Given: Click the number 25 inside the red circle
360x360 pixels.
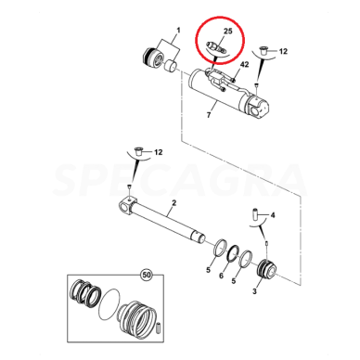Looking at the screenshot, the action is [227, 32].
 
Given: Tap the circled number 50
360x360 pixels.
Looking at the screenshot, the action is [147, 275].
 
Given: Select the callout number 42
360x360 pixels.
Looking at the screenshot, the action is [244, 65].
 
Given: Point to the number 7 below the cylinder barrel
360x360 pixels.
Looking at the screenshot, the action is [209, 115].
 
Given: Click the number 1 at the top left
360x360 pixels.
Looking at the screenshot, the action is [178, 31].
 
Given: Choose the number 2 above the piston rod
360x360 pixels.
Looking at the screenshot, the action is [174, 203].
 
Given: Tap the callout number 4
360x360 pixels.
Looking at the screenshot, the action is [273, 215].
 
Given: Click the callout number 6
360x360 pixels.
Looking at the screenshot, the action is [221, 276].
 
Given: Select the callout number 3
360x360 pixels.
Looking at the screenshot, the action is [254, 291].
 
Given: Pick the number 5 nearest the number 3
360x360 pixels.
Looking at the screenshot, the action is [234, 281].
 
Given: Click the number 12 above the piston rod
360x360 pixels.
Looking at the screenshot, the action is [159, 152].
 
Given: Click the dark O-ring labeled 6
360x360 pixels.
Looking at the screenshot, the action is [233, 253].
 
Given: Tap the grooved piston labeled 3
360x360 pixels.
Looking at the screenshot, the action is [266, 267].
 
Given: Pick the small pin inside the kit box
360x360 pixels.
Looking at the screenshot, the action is [160, 328].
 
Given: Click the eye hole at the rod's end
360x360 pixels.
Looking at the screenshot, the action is [125, 208].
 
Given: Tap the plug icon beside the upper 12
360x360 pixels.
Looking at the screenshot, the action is [264, 50].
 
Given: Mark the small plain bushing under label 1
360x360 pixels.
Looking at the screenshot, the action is [171, 66].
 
